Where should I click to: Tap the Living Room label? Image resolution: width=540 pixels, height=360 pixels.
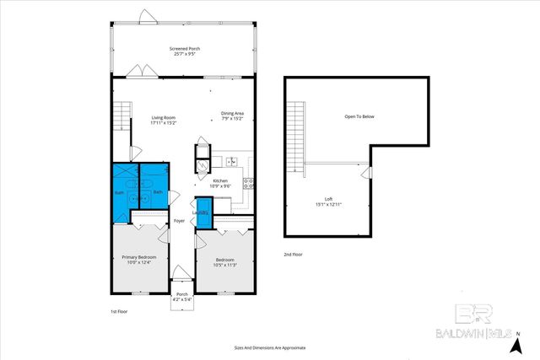(162, 120)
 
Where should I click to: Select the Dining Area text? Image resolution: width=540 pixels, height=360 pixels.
(232, 116)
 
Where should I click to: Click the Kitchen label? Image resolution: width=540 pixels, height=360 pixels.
(220, 183)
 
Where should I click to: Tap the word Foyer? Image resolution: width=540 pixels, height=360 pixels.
(179, 221)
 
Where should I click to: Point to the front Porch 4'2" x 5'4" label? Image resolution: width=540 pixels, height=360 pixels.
(182, 297)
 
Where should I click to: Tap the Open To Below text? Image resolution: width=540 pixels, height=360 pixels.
(359, 116)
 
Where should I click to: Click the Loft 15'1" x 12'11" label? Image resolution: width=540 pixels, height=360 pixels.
(329, 201)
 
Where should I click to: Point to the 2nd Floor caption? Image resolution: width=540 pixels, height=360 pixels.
(293, 254)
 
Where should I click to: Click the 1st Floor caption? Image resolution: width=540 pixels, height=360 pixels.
(120, 312)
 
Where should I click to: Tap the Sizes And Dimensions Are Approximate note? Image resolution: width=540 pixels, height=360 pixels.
(269, 347)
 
